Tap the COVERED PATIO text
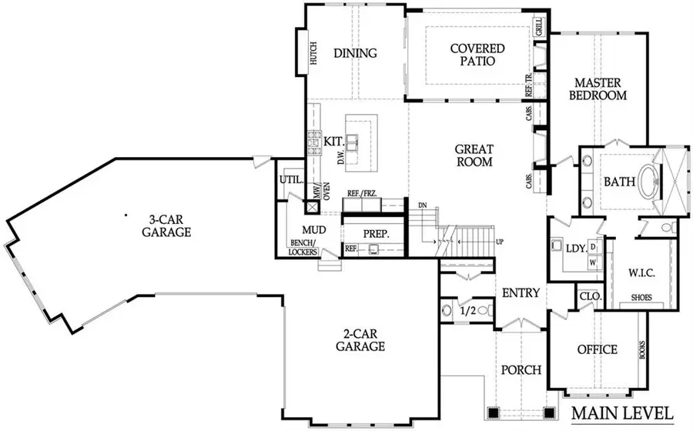(477, 55)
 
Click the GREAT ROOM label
(474, 155)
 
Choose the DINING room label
(355, 53)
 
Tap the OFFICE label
(598, 349)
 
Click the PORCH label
(521, 369)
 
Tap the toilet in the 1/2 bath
(449, 310)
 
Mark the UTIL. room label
(289, 179)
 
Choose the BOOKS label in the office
(641, 350)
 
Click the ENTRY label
(521, 293)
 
